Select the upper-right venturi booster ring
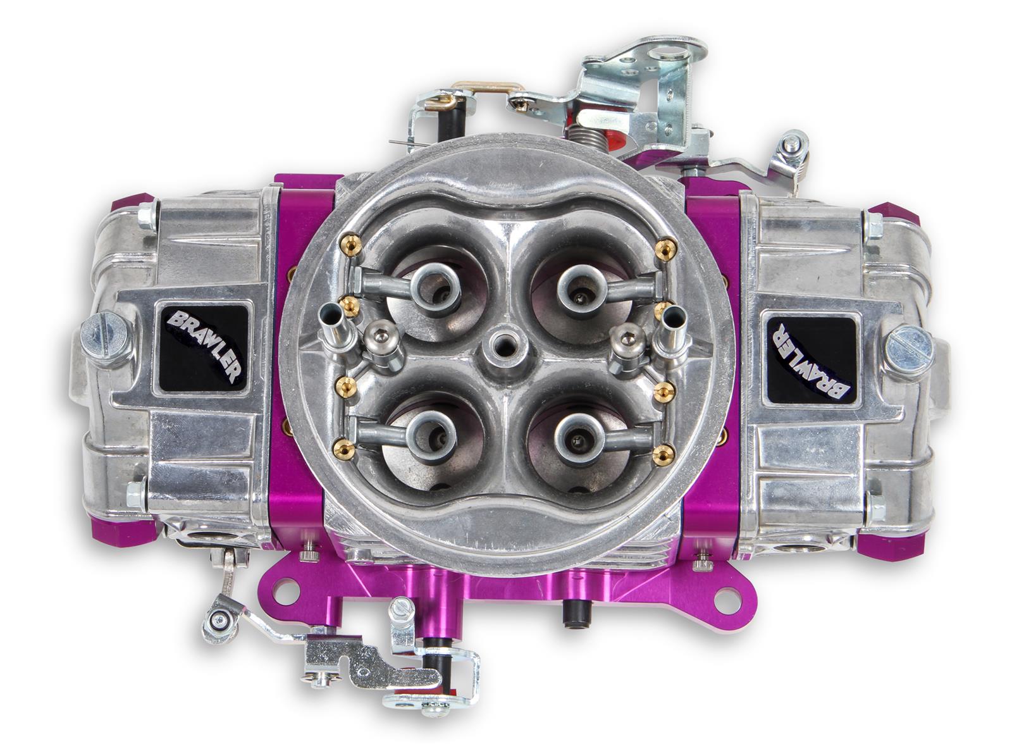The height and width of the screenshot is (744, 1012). pos(578,285)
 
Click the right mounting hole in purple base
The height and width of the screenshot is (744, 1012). pos(729,596)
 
